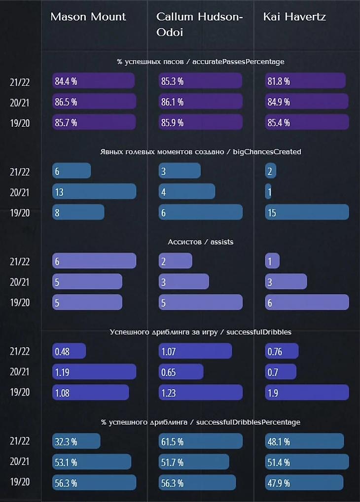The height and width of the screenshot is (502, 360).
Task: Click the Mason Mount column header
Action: (88, 17)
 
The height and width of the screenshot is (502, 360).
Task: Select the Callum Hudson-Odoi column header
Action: (199, 23)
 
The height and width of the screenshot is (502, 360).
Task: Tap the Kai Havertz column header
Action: (294, 17)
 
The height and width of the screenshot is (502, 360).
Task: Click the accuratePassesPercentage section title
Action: (200, 62)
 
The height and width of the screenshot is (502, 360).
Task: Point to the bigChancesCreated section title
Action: (200, 151)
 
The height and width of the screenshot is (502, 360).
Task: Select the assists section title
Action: (200, 242)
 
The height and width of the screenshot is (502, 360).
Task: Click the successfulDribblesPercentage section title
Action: (200, 422)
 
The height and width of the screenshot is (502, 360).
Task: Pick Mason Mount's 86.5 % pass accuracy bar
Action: (94, 102)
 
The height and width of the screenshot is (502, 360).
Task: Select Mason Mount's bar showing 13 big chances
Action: (94, 191)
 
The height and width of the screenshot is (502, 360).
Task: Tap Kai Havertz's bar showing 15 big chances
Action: (307, 212)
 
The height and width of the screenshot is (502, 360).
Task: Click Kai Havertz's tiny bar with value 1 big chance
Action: (268, 191)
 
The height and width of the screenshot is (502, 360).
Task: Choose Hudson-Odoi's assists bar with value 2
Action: (175, 261)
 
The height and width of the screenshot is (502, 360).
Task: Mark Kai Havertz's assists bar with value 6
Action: (307, 302)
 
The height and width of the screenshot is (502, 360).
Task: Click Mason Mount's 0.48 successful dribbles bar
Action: (69, 351)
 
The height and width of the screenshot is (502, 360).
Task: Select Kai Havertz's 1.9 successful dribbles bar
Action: (307, 392)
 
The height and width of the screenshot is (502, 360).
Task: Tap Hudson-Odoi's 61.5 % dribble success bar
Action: (200, 441)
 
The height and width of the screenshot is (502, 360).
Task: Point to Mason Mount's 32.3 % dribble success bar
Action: (76, 441)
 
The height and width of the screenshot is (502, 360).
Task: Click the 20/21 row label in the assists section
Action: (20, 282)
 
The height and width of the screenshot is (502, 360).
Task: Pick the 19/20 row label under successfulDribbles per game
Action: (20, 392)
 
